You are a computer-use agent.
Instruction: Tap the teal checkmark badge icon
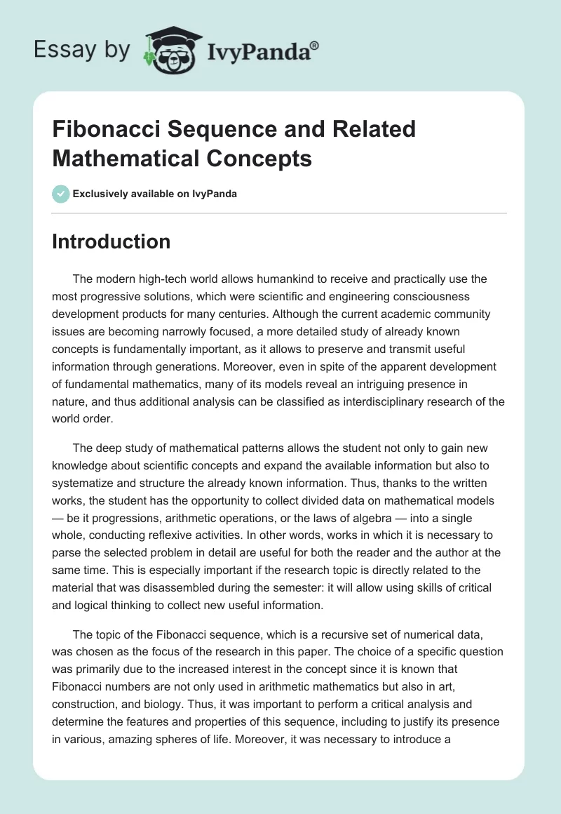[x=61, y=193]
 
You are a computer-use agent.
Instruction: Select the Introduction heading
[x=111, y=241]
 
